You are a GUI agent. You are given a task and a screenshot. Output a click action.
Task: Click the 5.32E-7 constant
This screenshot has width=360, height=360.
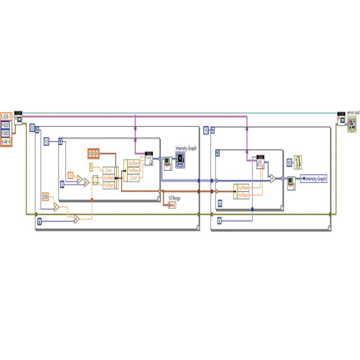pos(6,116)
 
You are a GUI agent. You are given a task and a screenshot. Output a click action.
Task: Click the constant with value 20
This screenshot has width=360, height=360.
pos(32,128)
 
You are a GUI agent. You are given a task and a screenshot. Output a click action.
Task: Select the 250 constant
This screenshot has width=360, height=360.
pos(45,197)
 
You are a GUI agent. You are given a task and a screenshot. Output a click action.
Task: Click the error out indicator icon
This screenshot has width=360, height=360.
pos(352,125)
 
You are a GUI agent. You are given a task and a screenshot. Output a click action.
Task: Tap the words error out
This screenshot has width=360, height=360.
pos(353,112)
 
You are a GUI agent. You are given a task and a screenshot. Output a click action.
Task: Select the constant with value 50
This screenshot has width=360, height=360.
pos(289,162)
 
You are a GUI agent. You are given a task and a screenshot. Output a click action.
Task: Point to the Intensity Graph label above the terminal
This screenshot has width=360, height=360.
pos(186,148)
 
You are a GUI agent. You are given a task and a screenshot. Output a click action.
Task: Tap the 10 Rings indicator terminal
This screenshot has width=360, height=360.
pos(171,205)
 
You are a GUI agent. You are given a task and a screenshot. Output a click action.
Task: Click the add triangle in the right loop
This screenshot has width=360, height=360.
pos(273,179)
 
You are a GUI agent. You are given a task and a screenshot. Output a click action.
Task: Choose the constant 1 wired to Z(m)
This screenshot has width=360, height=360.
pos(92,166)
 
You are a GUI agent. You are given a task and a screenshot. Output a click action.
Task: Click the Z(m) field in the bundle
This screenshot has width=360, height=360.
pos(108,171)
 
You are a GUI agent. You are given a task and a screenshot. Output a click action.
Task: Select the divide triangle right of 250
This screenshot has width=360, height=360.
pos(56,207)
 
